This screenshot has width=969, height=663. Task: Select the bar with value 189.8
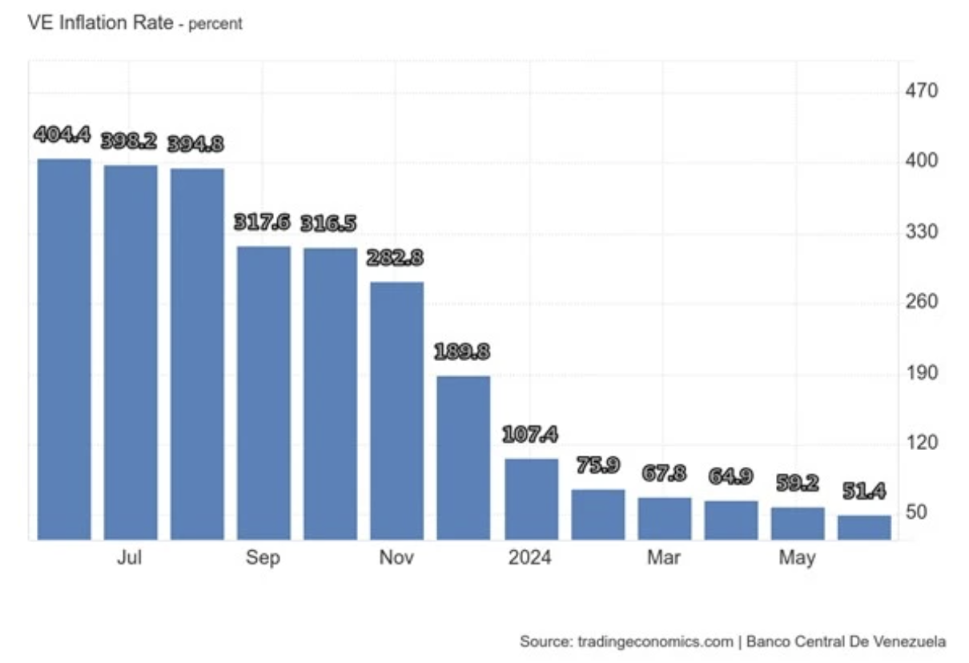(x=463, y=457)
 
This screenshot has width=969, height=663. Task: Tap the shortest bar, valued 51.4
(x=863, y=527)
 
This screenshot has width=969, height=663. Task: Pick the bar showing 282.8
(x=396, y=410)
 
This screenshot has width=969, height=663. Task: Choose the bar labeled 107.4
(x=530, y=498)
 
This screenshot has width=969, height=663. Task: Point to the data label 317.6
(x=261, y=223)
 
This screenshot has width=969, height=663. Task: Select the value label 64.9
(x=730, y=476)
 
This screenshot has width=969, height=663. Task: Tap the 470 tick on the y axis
(x=921, y=90)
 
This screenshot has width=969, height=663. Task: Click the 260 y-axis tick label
(x=921, y=302)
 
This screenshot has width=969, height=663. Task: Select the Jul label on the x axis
(x=129, y=557)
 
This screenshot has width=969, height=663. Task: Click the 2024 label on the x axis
(x=529, y=557)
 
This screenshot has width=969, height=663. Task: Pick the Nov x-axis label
(x=396, y=557)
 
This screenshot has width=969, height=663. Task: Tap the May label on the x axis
(x=797, y=557)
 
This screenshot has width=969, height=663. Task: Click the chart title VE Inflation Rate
(x=99, y=22)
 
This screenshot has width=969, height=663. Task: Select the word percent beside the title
(x=215, y=24)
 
